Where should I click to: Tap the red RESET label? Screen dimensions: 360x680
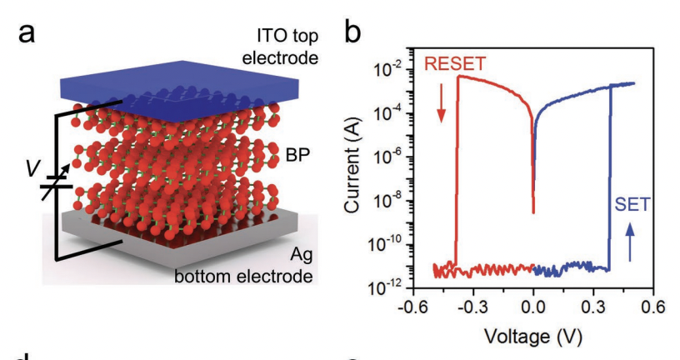[455, 63]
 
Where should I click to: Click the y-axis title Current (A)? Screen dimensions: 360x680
[357, 167]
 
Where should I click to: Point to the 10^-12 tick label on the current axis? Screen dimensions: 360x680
[387, 287]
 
